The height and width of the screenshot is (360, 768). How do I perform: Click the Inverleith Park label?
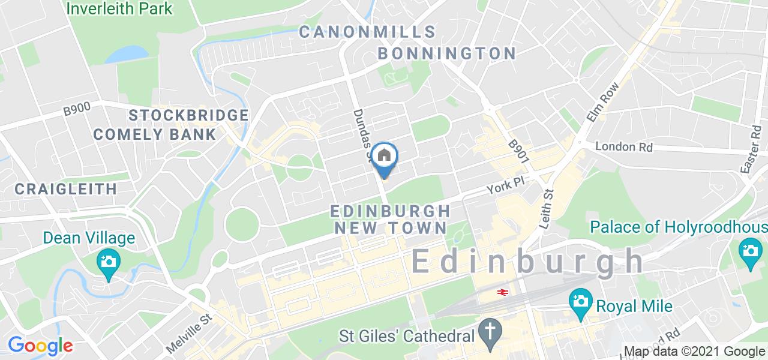coord(119,8)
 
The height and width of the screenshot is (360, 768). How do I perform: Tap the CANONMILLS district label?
coord(367,32)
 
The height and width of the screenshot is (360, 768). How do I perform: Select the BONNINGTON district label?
coord(446,53)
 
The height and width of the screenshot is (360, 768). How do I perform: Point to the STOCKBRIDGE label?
coord(188,115)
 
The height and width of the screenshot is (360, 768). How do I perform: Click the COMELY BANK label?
coord(154,134)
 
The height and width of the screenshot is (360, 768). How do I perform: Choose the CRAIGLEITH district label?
coord(66,189)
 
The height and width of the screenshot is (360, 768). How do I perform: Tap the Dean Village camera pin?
coord(109,262)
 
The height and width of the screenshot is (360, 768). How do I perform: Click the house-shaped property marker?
coord(384,157)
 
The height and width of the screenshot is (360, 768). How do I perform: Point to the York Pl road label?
coord(502,188)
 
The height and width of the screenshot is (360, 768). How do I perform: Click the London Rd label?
coord(623,146)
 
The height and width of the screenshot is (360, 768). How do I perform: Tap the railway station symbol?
coord(502,292)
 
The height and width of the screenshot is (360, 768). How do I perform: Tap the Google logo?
coord(40,346)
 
